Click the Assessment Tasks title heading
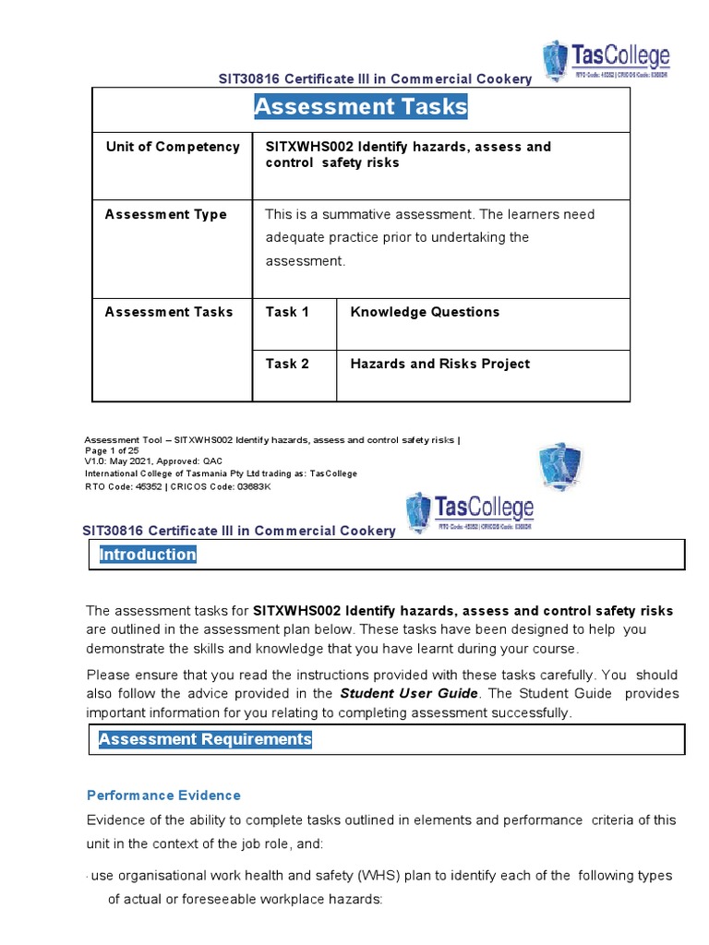[x=361, y=108]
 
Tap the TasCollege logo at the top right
[x=606, y=62]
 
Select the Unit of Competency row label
[x=173, y=147]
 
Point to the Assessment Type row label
[x=166, y=215]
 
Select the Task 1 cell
[x=282, y=312]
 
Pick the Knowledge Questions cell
[x=425, y=312]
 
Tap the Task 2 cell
[x=282, y=364]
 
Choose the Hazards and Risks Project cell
[x=439, y=364]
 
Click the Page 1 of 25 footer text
[x=112, y=451]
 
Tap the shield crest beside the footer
[x=559, y=467]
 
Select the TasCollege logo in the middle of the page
[x=470, y=511]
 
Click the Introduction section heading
[x=148, y=555]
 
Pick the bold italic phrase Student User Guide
[x=409, y=693]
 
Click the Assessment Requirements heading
[x=205, y=739]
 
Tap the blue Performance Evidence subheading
[x=163, y=795]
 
